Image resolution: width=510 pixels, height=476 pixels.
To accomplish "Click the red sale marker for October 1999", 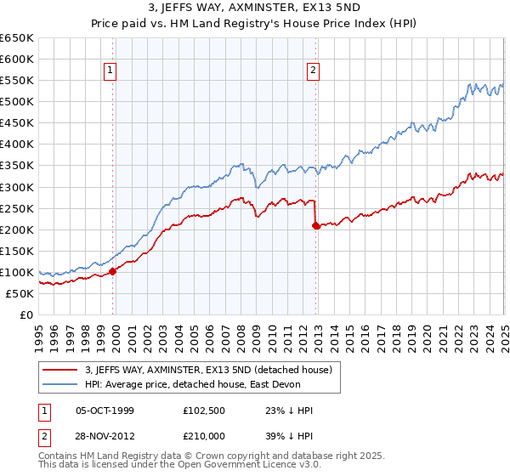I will click(x=113, y=271).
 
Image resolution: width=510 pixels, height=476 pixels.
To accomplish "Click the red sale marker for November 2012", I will click(x=316, y=225).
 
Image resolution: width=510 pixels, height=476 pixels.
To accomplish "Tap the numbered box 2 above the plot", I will click(x=314, y=71).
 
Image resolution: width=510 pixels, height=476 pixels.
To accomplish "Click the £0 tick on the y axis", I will click(x=27, y=315).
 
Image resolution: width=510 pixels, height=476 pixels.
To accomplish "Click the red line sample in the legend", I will click(x=60, y=370).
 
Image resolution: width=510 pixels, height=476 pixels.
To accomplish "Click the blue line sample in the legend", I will click(x=60, y=384).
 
